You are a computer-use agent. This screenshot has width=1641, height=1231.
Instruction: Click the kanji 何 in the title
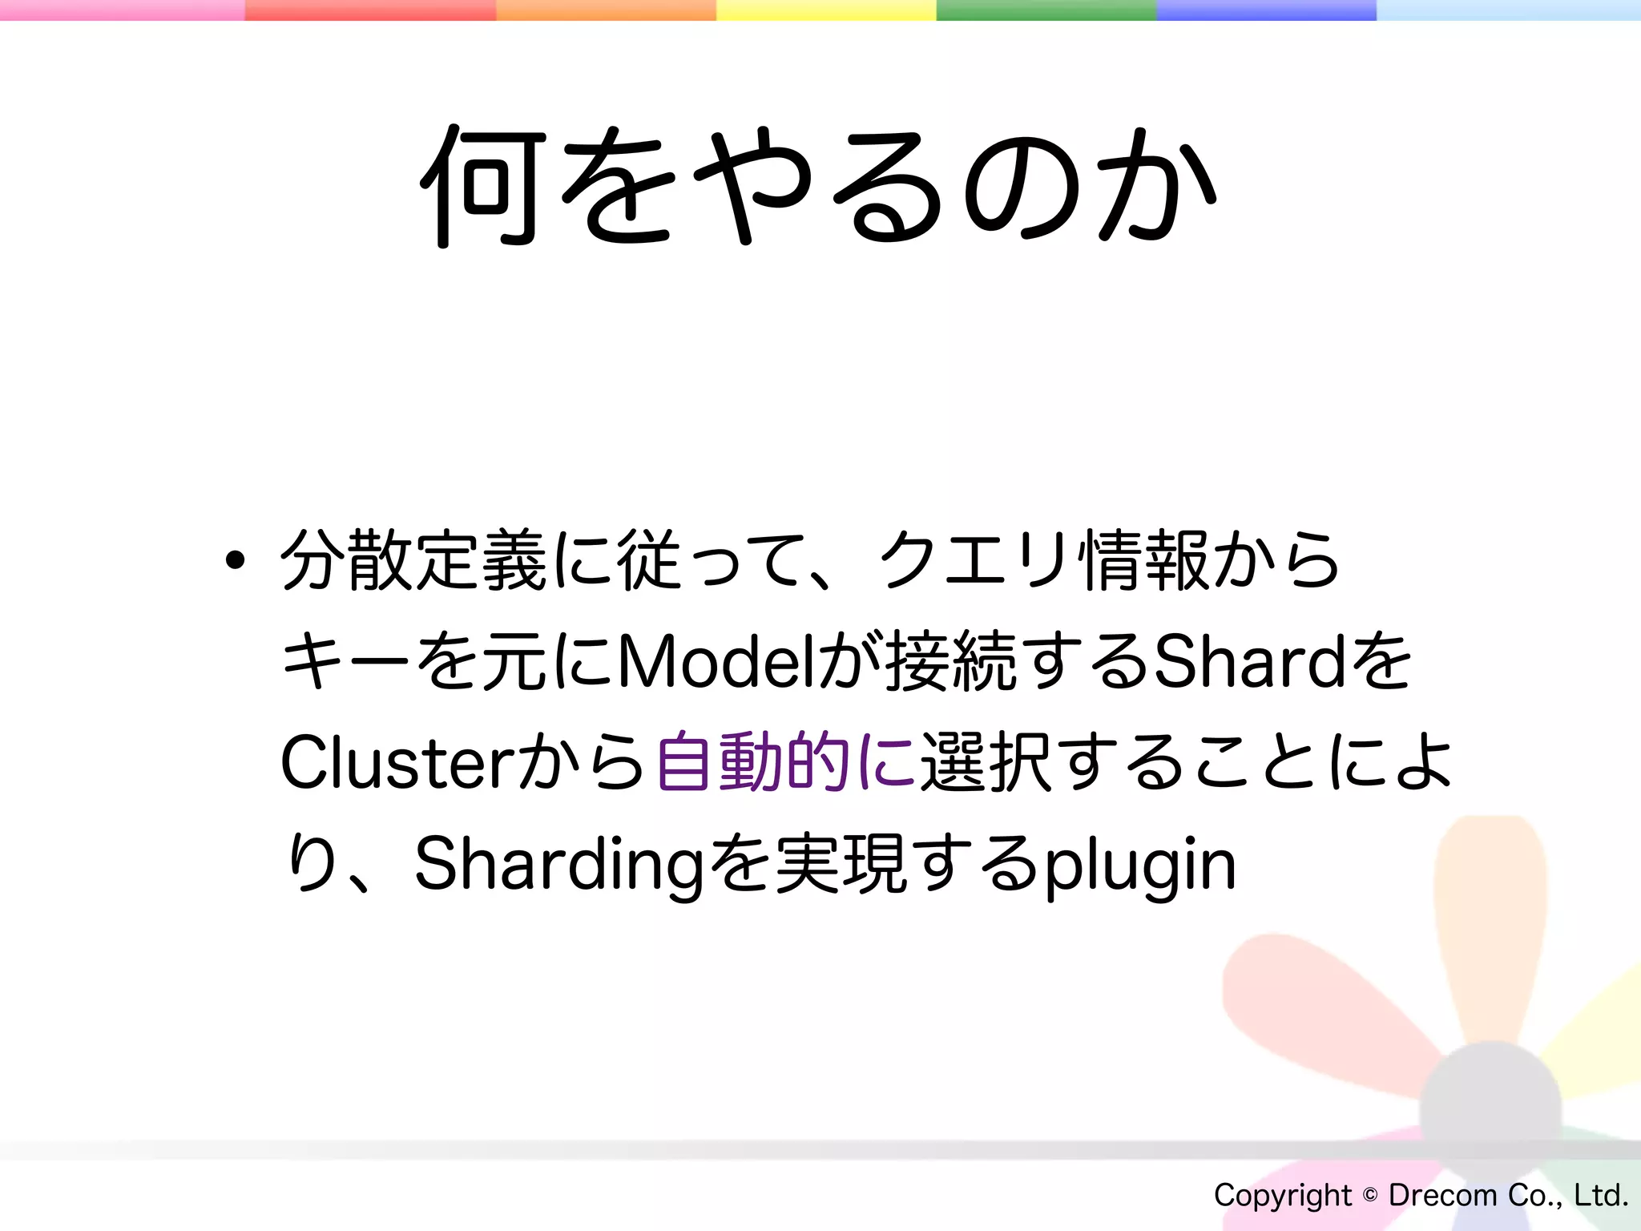tap(482, 186)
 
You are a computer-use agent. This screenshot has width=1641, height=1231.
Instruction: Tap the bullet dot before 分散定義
tap(235, 560)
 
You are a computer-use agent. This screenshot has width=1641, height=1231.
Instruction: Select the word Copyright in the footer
tap(1282, 1196)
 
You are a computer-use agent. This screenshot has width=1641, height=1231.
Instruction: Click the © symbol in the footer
tap(1370, 1195)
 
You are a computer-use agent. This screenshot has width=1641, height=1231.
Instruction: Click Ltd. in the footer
tap(1601, 1195)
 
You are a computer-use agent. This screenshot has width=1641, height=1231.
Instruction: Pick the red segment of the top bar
tap(370, 10)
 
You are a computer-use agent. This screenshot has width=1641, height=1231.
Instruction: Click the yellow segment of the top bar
tap(825, 10)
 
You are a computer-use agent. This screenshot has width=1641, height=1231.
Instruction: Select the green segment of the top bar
tap(1046, 10)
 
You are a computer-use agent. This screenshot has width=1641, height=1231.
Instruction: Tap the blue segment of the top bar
tap(1266, 10)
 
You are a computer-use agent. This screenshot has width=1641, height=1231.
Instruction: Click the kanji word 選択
tap(986, 763)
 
